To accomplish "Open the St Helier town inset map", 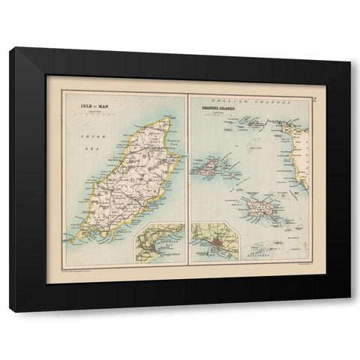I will (x=214, y=243).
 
